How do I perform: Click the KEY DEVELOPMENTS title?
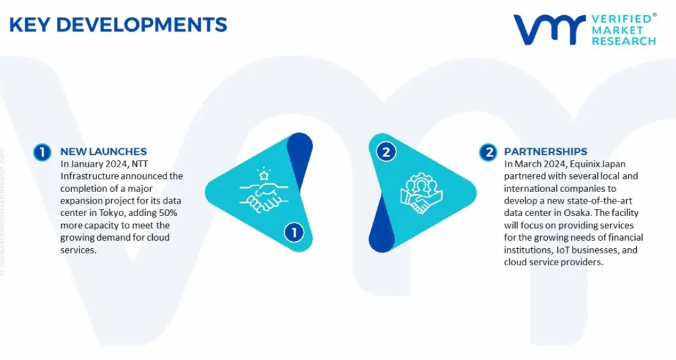click(x=117, y=25)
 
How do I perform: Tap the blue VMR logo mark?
click(x=549, y=29)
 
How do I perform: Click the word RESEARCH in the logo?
click(x=624, y=42)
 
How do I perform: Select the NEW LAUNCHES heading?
click(x=104, y=152)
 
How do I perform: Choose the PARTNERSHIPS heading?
click(x=545, y=152)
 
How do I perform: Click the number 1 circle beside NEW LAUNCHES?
click(x=42, y=152)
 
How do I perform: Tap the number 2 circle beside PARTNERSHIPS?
click(x=489, y=152)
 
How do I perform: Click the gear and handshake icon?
click(x=421, y=193)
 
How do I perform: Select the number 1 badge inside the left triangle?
click(x=294, y=233)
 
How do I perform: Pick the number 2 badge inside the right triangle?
click(x=386, y=152)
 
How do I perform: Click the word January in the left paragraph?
click(x=86, y=164)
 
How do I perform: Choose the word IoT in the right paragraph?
click(x=562, y=250)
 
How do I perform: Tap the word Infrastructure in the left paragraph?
click(x=89, y=176)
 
